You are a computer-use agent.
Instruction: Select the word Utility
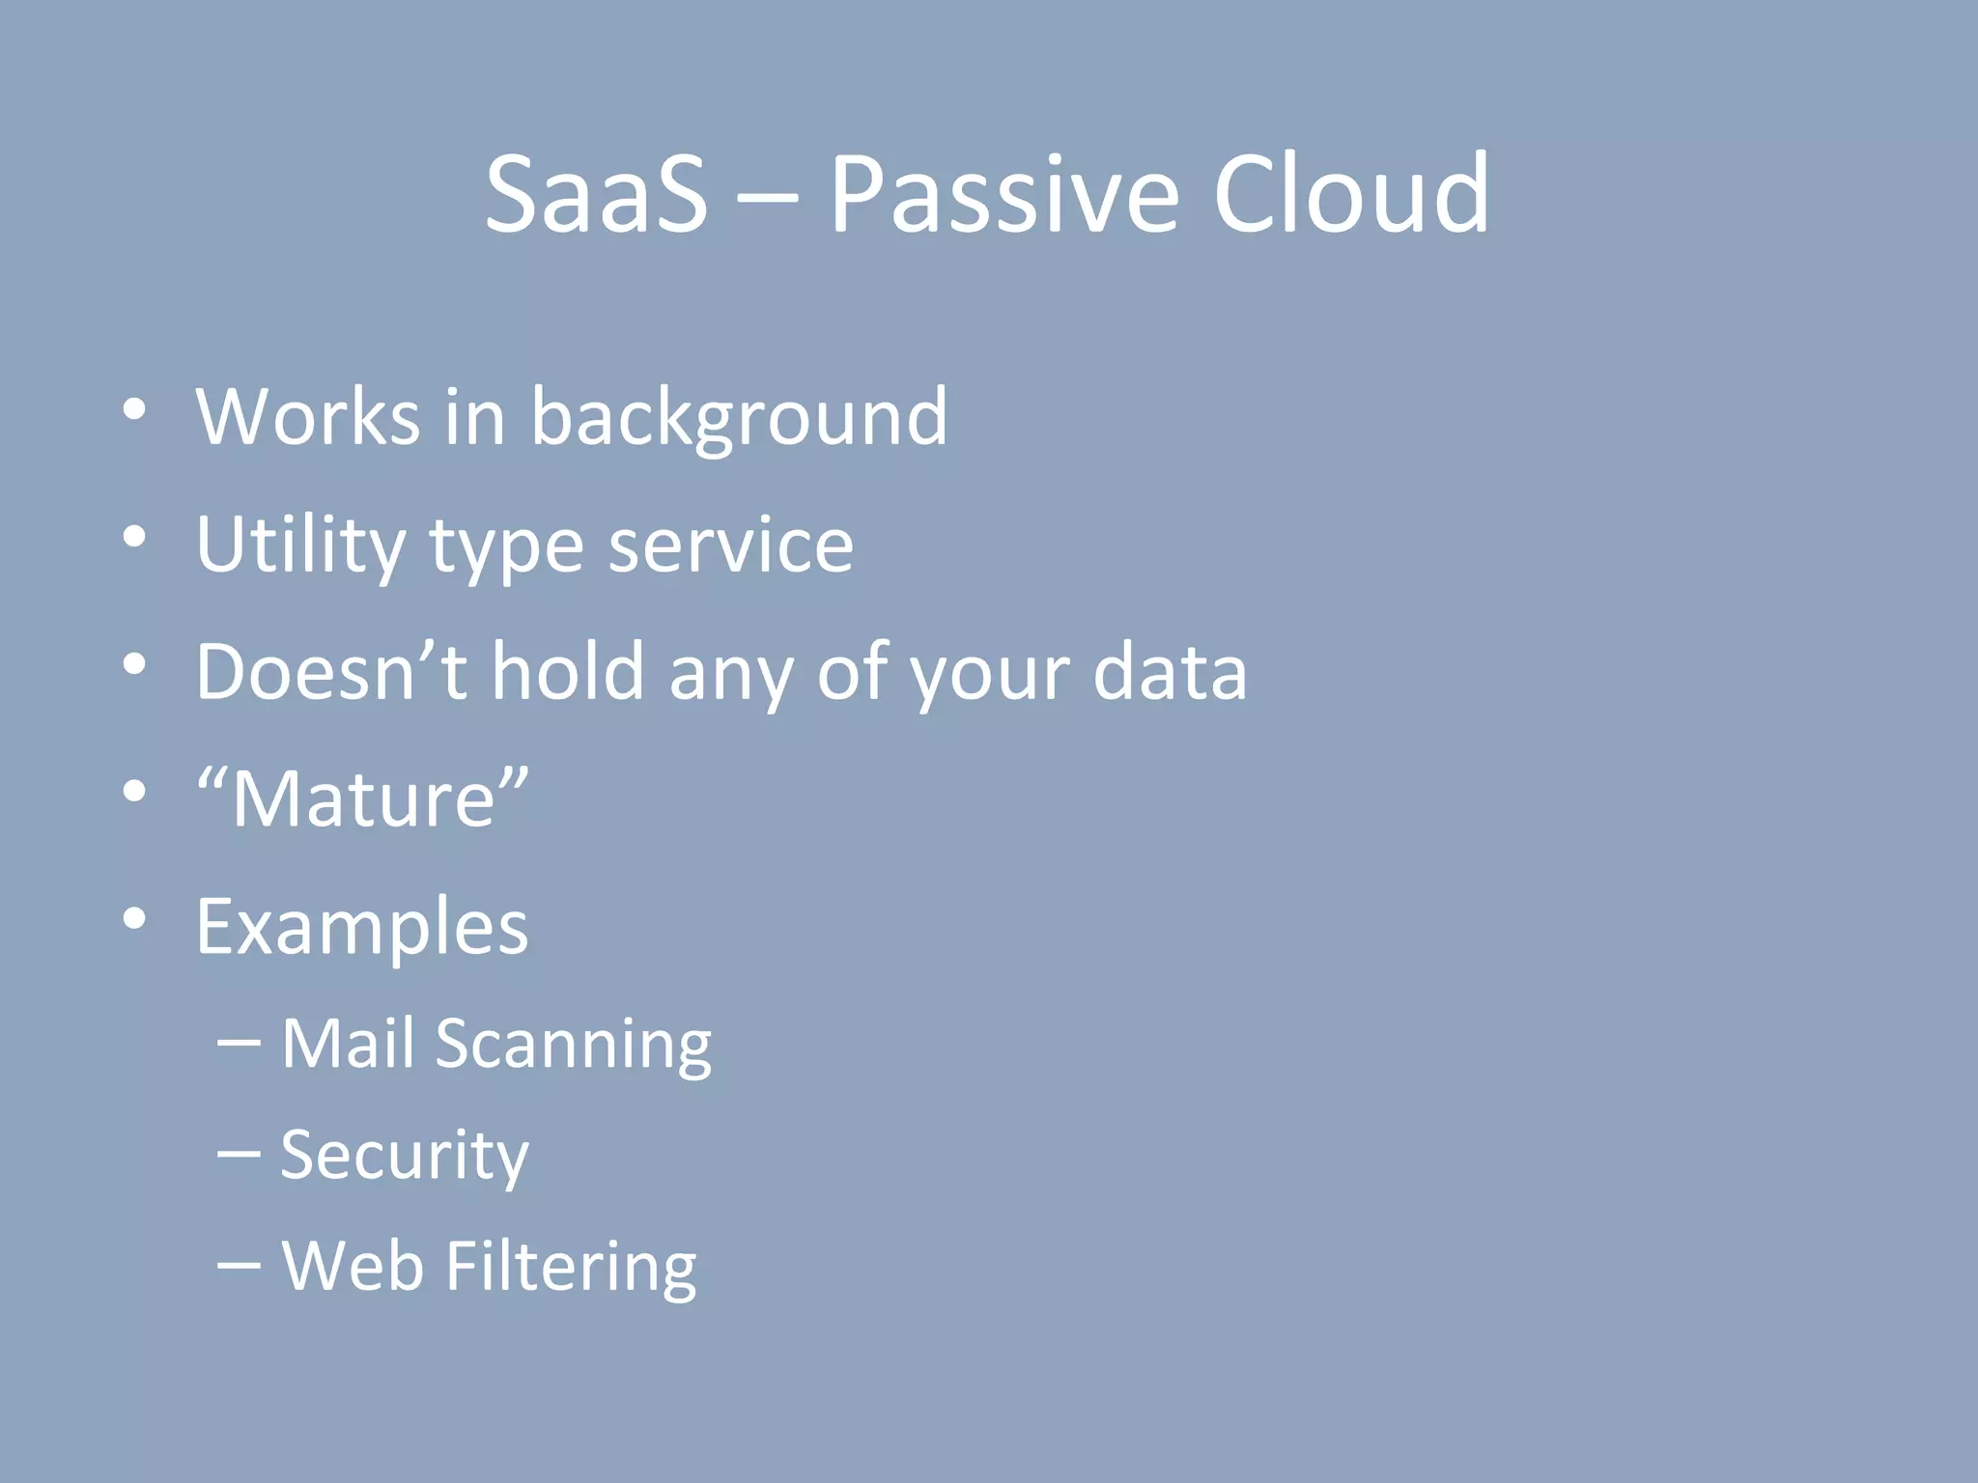click(x=300, y=546)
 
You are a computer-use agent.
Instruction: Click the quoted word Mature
click(x=363, y=798)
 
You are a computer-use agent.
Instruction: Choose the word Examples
click(x=362, y=928)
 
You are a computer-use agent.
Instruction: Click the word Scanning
click(x=574, y=1046)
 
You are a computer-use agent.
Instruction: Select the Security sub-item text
click(x=405, y=1156)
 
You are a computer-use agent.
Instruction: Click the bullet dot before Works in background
click(x=134, y=409)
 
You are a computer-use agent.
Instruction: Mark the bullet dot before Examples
click(x=134, y=919)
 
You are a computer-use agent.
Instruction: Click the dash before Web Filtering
click(x=239, y=1265)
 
